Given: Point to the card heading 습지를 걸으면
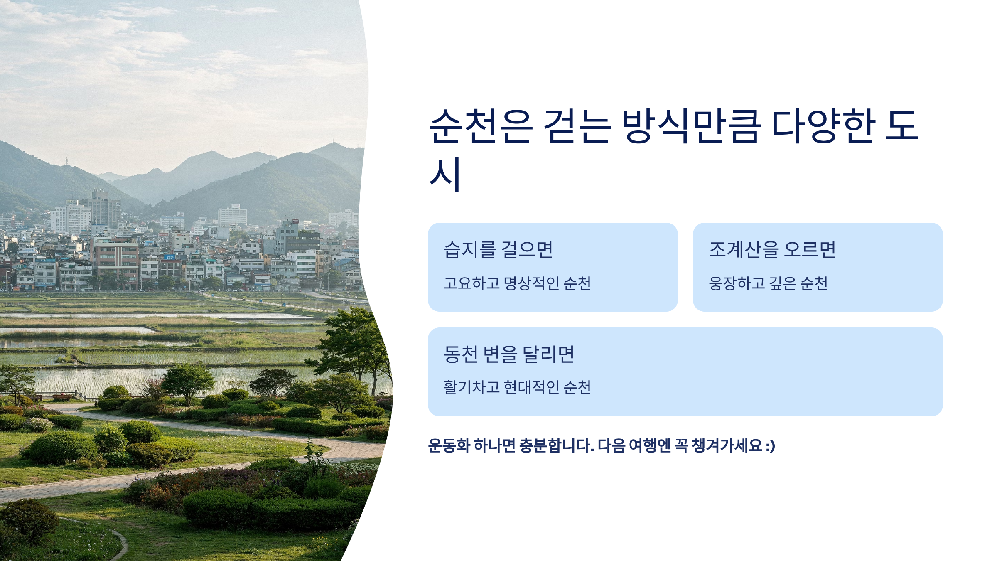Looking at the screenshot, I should pyautogui.click(x=498, y=249).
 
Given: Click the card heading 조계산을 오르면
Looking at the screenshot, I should pyautogui.click(x=772, y=249).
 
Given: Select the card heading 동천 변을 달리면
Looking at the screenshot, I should pyautogui.click(x=509, y=354).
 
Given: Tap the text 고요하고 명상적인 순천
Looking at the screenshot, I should pyautogui.click(x=517, y=283).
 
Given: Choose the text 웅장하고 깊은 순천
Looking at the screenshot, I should pyautogui.click(x=768, y=283).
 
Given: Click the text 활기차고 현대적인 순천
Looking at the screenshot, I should pyautogui.click(x=517, y=387).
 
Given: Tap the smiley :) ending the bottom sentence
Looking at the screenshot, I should pyautogui.click(x=770, y=446).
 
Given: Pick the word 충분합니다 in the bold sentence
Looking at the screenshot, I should pyautogui.click(x=556, y=445).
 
